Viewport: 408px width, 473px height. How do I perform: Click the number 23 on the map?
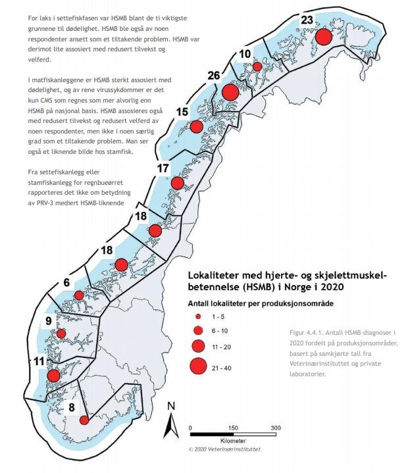point(307,20)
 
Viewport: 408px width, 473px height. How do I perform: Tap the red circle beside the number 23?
point(323,37)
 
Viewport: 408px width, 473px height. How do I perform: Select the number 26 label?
point(213,76)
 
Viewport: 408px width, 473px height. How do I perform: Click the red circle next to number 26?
point(230,92)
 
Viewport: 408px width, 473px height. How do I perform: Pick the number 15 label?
point(182,112)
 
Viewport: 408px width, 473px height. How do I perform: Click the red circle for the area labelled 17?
point(178,182)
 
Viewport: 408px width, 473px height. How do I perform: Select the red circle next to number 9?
point(61,334)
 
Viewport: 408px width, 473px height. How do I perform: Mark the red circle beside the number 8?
point(84,420)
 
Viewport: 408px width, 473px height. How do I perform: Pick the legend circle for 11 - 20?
point(198,345)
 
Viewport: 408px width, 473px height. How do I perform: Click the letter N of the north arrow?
point(170,406)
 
